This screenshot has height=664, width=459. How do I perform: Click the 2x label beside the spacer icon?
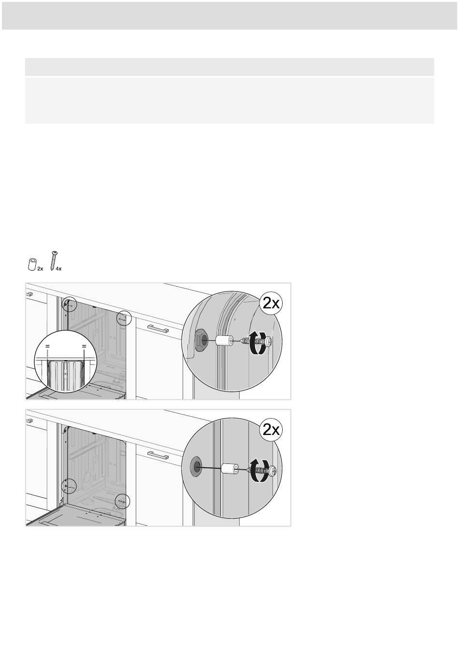click(40, 269)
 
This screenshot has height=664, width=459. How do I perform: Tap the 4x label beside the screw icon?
click(58, 269)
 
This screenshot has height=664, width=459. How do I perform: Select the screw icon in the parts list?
click(54, 261)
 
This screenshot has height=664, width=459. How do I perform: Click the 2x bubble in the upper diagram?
click(271, 303)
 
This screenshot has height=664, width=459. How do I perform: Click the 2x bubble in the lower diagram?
click(271, 430)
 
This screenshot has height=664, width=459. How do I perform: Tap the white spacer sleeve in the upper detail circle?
click(225, 341)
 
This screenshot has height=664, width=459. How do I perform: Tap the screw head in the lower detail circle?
click(273, 470)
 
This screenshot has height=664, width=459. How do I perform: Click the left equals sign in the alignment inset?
click(47, 346)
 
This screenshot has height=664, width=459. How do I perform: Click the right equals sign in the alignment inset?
click(84, 346)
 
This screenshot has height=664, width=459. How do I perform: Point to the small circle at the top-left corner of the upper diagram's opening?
click(70, 304)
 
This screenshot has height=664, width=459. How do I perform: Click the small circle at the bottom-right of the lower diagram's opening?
click(122, 501)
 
